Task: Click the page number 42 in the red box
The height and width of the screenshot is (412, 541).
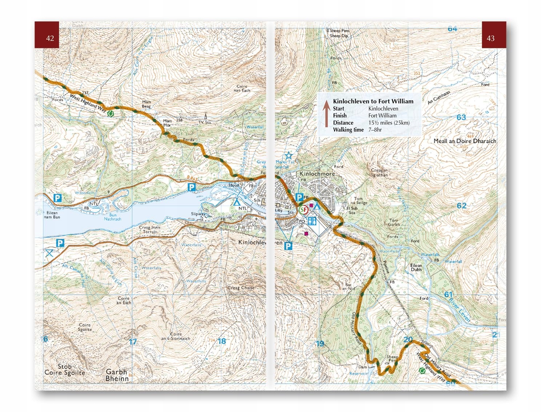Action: click(x=50, y=38)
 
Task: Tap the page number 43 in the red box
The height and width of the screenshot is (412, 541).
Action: click(x=490, y=38)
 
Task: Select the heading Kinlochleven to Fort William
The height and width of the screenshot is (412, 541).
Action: click(x=373, y=101)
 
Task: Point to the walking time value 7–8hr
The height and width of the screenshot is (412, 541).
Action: click(x=375, y=130)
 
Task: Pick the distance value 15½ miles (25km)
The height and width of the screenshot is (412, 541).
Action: click(x=389, y=123)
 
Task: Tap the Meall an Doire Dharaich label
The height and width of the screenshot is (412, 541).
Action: click(x=465, y=141)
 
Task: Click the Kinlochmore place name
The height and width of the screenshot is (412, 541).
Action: click(x=317, y=174)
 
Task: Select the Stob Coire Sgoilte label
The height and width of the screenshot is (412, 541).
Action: click(x=65, y=369)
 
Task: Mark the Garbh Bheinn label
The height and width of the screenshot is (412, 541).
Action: click(x=117, y=375)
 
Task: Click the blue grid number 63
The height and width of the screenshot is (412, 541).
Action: click(x=461, y=117)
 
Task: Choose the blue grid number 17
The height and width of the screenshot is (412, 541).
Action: click(x=133, y=342)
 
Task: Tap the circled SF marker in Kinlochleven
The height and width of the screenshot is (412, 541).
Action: click(x=303, y=210)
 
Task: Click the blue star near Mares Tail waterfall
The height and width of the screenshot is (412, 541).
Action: click(x=288, y=156)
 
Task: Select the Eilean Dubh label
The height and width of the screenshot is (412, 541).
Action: click(x=416, y=267)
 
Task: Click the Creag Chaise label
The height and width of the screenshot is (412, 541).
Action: click(x=241, y=288)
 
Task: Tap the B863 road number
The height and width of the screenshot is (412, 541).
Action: click(x=192, y=178)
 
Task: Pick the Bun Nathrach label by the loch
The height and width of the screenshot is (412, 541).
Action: click(x=112, y=217)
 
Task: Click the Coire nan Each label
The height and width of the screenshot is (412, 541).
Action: click(x=242, y=88)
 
